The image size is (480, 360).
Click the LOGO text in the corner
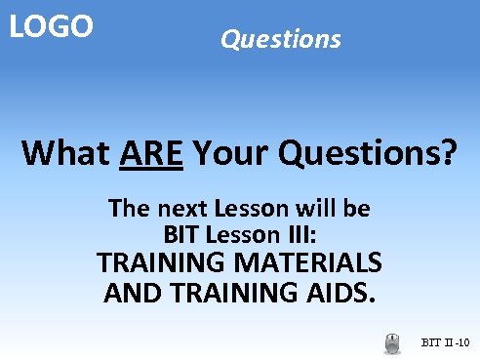(x=51, y=26)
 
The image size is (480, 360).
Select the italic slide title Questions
(x=281, y=39)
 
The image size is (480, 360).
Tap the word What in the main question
(x=65, y=153)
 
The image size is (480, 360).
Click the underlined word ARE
(x=152, y=153)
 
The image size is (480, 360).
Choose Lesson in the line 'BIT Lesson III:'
(x=240, y=235)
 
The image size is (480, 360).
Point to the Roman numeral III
(x=297, y=235)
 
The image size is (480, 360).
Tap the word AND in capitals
(x=133, y=292)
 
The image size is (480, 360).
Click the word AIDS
(x=341, y=292)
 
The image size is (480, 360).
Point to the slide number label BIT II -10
(x=446, y=343)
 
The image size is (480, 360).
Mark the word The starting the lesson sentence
(x=127, y=208)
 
